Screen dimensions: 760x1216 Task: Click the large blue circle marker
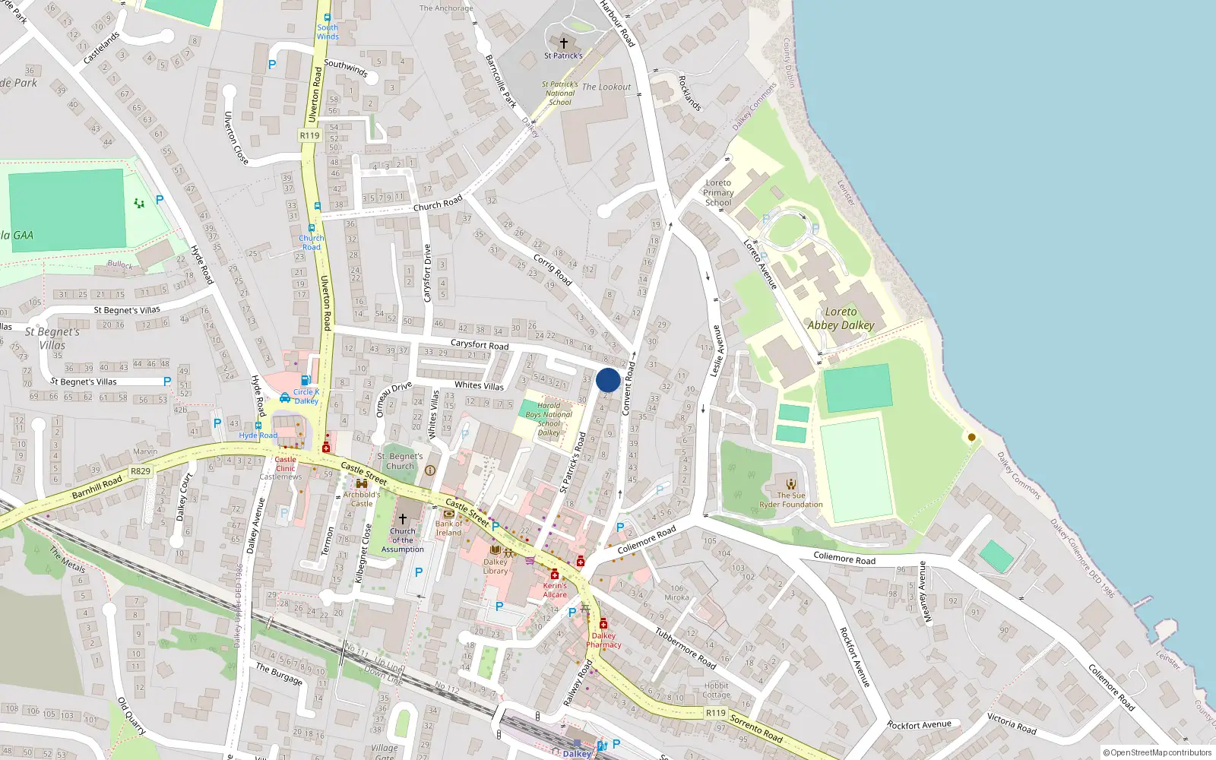608,380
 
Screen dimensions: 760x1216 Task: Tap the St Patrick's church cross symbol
563,43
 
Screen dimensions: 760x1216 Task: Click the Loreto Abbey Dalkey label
841,318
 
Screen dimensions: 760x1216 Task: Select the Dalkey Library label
496,566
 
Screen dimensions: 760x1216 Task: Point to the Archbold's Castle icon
362,483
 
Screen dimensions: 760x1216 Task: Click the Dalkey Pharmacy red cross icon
603,624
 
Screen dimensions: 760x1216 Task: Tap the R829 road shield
141,471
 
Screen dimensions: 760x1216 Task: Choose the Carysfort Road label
479,344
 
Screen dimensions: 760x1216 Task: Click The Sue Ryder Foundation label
790,499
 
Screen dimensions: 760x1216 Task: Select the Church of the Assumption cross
403,518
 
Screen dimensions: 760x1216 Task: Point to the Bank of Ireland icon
448,514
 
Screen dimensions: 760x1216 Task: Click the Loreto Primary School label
718,192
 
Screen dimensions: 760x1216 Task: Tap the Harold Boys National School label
549,419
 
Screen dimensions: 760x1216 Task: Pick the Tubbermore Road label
686,648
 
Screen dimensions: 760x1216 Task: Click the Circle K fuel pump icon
306,380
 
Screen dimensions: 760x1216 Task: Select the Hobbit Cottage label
716,690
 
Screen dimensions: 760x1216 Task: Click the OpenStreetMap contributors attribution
1157,752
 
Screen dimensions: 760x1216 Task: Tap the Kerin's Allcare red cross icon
555,575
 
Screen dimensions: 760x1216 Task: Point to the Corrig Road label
553,270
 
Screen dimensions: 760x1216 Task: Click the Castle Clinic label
286,464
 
